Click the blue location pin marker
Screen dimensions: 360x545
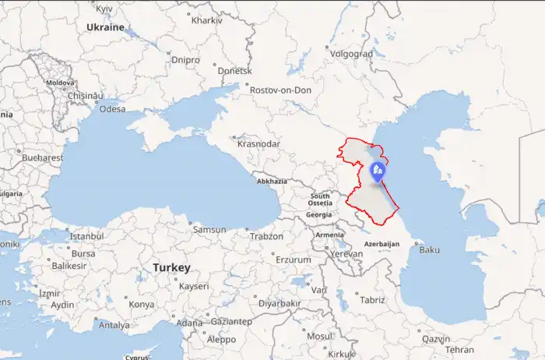[x=378, y=171]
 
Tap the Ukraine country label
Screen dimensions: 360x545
[x=105, y=27]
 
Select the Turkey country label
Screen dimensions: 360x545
[x=171, y=267]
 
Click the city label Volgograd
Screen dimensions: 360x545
[x=352, y=55]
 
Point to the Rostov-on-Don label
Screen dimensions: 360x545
[x=280, y=90]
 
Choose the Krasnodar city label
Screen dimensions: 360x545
[x=258, y=144]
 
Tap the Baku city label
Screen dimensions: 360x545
[x=429, y=250]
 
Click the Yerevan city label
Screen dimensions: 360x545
[x=346, y=254]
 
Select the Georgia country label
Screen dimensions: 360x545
[x=319, y=214]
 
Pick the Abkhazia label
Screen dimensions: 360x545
[x=272, y=182]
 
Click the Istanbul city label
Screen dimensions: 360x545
[x=86, y=236]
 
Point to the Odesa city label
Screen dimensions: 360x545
[x=112, y=109]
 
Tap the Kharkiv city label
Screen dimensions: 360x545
[x=206, y=20]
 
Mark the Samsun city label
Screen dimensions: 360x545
[x=209, y=230]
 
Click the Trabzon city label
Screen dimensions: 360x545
[x=267, y=236]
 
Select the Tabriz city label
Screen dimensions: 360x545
[x=372, y=300]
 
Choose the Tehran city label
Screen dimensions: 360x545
[x=459, y=350]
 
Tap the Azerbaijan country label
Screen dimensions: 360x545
[x=381, y=244]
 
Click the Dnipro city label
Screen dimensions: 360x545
[x=185, y=60]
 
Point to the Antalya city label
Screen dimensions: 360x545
[x=114, y=325]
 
